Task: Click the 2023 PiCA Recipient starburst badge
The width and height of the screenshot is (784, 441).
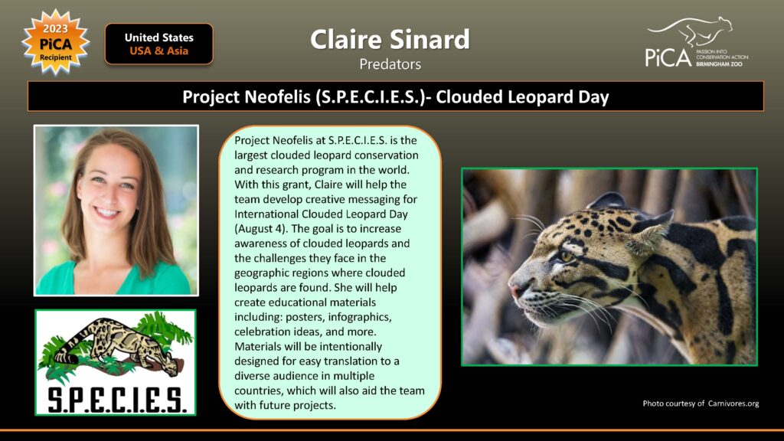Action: pyautogui.click(x=55, y=42)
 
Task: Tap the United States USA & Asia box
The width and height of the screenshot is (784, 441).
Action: pyautogui.click(x=159, y=44)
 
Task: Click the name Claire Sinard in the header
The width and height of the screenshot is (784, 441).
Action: pyautogui.click(x=390, y=39)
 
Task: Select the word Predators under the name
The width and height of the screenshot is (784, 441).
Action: pyautogui.click(x=390, y=64)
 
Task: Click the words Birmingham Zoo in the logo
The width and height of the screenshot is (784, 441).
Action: pyautogui.click(x=720, y=64)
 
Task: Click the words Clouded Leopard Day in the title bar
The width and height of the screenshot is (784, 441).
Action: pyautogui.click(x=522, y=96)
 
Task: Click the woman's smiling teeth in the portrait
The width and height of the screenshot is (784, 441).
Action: pyautogui.click(x=106, y=212)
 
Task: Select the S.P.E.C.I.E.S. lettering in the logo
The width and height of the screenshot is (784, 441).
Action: pyautogui.click(x=116, y=400)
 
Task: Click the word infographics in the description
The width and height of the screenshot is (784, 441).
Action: pyautogui.click(x=359, y=317)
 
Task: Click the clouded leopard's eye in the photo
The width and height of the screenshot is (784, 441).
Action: pyautogui.click(x=567, y=256)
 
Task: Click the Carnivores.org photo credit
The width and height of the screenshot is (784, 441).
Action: pyautogui.click(x=701, y=403)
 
